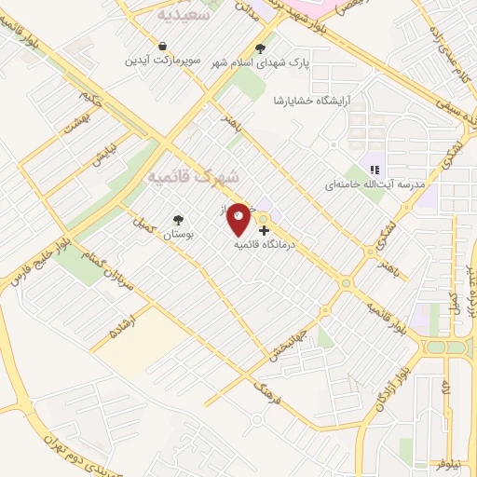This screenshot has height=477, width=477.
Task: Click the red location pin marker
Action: [238, 220]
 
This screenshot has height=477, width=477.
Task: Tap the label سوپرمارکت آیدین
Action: [163, 61]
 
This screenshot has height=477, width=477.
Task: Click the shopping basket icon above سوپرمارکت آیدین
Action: [163, 46]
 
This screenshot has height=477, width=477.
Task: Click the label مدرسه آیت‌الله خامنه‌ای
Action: [373, 184]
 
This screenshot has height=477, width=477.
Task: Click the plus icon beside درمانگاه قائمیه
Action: [265, 229]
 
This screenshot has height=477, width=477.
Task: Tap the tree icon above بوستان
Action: [177, 220]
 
